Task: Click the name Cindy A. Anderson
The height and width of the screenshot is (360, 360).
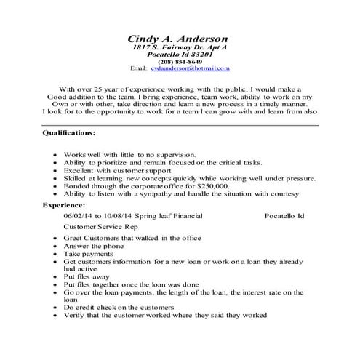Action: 177,39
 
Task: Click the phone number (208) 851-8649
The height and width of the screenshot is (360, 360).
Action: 177,62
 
